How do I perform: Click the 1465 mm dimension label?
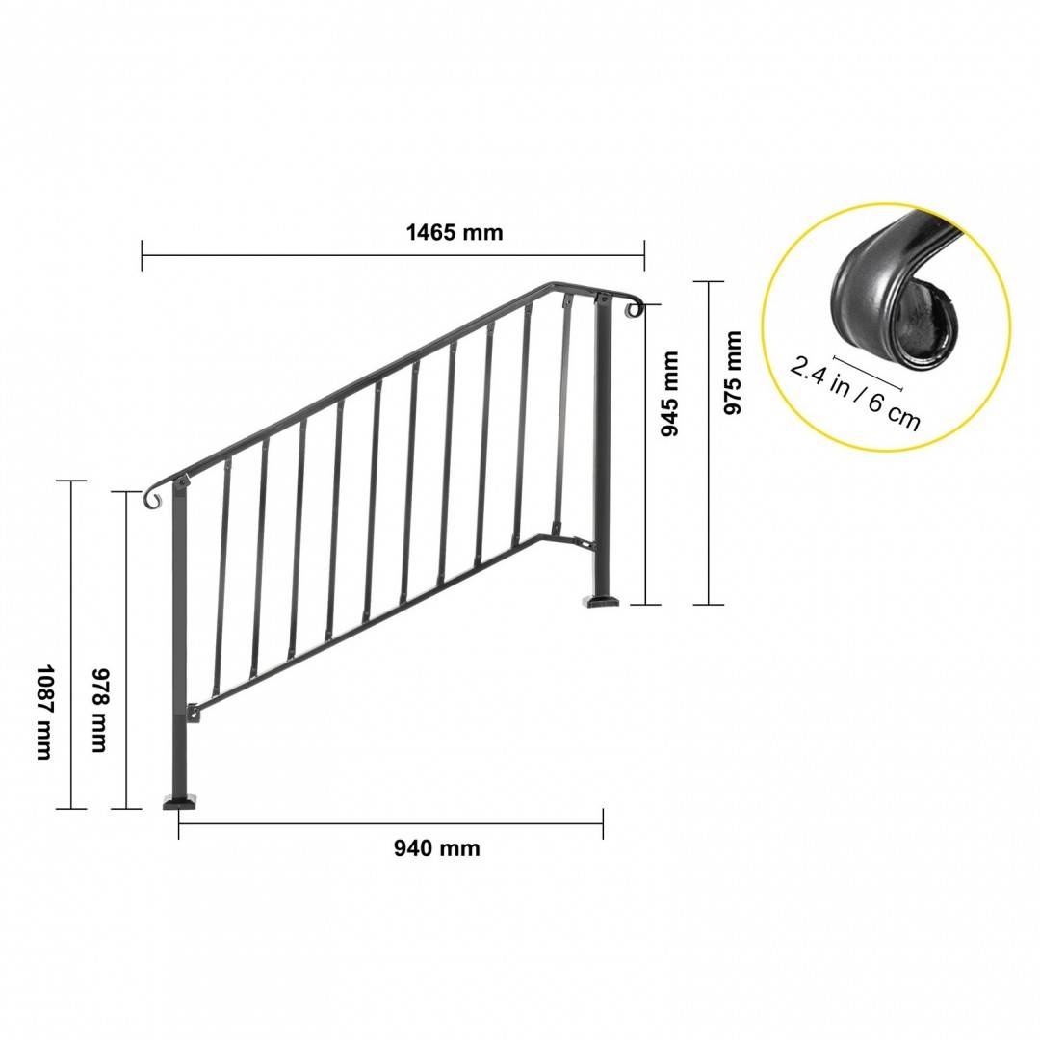[x=455, y=233]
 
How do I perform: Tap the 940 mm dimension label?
[x=436, y=848]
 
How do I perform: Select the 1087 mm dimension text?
[x=43, y=712]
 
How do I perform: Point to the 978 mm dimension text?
[x=99, y=710]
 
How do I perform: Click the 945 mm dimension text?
[x=670, y=394]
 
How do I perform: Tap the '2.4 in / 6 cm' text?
[x=855, y=393]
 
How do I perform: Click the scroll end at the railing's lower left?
[x=153, y=499]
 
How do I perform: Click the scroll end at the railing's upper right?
[x=635, y=308]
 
